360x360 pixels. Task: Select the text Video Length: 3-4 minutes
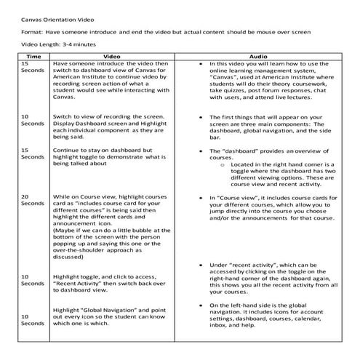click(50, 44)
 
